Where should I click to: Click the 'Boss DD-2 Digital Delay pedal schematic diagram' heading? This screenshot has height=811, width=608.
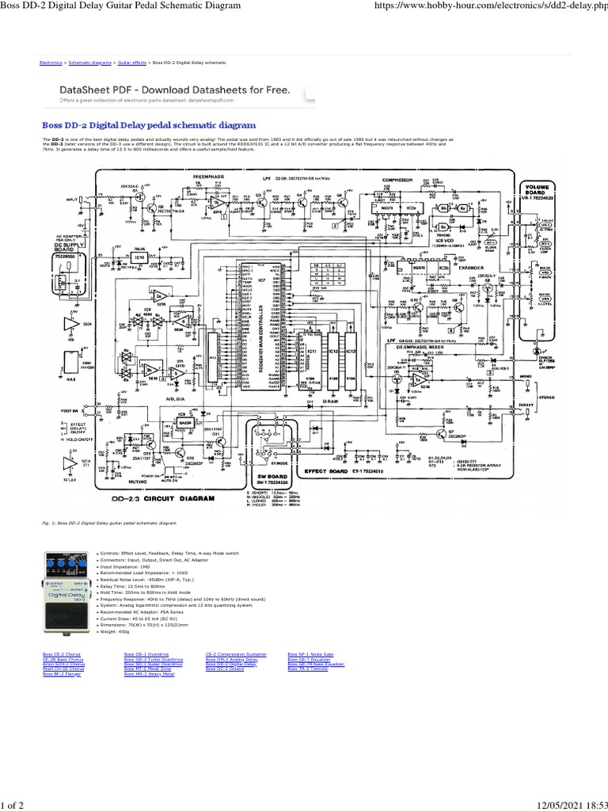point(149,125)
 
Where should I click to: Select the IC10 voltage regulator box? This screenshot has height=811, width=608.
point(117,258)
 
